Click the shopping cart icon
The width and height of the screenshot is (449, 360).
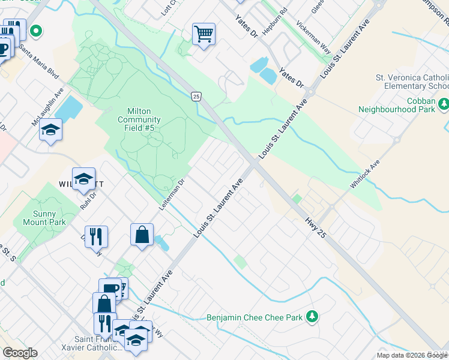tap(203, 35)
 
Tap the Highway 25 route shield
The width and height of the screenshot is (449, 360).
tap(196, 96)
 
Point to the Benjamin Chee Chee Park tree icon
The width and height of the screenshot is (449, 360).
tap(312, 316)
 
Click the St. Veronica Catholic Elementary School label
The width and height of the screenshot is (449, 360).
tap(412, 82)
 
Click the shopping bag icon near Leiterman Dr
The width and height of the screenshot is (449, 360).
tap(142, 235)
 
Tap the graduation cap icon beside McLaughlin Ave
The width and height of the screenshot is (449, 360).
tap(51, 130)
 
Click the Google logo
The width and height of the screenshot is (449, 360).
tap(20, 353)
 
